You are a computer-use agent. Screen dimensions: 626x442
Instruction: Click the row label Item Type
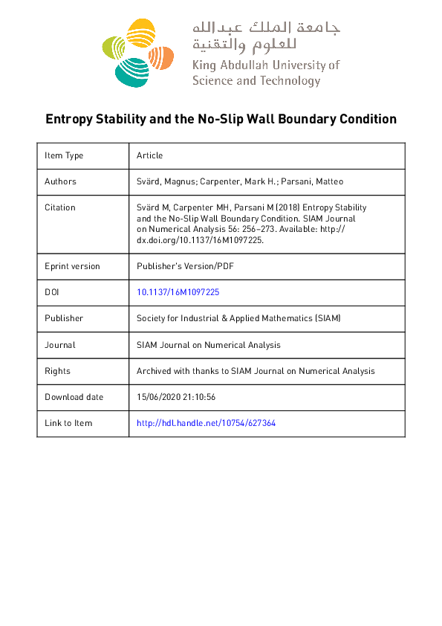[64, 155]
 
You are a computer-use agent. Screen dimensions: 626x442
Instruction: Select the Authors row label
[60, 181]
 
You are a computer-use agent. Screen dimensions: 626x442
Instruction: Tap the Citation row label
[60, 207]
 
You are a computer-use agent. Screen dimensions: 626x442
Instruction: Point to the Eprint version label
[72, 266]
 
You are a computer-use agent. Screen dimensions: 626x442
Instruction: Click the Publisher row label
[64, 318]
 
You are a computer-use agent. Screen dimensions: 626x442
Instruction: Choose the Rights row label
[57, 371]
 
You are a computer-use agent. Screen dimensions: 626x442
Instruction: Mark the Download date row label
[74, 397]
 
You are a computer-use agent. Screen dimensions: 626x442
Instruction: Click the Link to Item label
[68, 423]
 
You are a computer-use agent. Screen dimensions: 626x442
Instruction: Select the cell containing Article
[149, 155]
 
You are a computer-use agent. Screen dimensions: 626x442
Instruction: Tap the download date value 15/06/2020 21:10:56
[176, 397]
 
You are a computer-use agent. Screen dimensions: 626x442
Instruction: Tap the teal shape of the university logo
[131, 71]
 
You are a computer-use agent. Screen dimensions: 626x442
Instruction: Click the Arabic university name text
[266, 36]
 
